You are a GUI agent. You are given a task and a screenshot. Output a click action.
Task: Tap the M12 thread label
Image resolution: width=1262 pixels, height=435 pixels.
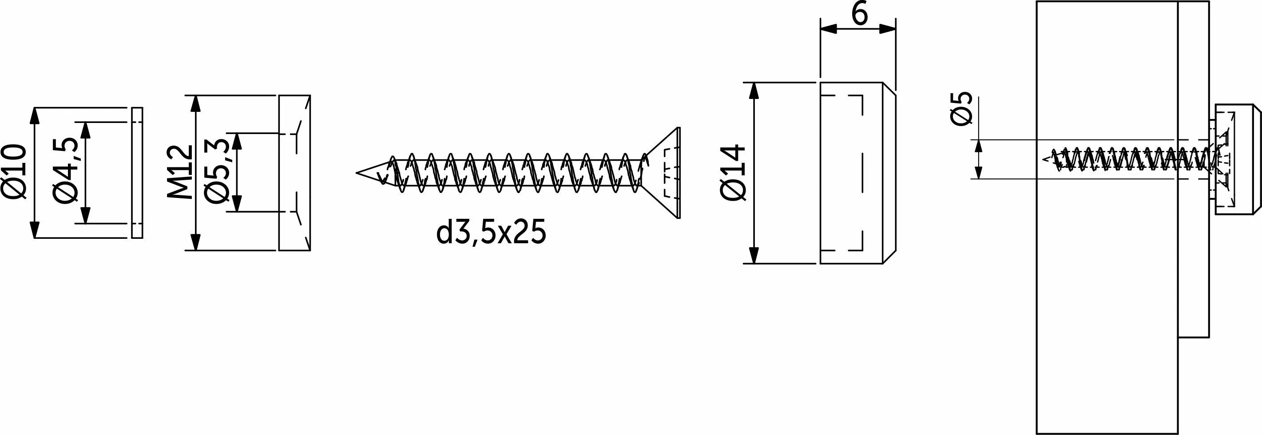coord(180,172)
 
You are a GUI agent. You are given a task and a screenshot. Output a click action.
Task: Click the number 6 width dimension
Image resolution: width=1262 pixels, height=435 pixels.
coord(860,14)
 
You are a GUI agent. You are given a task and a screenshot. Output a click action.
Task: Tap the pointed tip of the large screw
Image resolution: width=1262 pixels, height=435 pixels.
coord(357,172)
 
